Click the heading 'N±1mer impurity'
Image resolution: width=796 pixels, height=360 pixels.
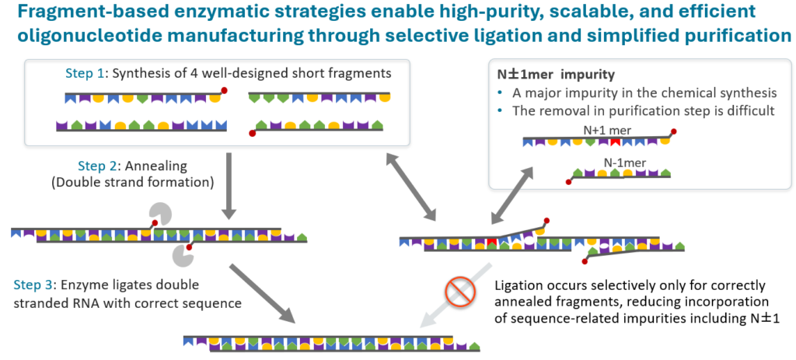click(555, 74)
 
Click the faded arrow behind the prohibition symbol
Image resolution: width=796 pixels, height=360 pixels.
click(456, 295)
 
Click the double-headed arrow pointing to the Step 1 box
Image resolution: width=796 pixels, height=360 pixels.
click(411, 186)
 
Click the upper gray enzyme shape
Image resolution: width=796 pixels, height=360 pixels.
click(159, 213)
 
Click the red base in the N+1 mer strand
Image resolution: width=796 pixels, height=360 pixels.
click(615, 142)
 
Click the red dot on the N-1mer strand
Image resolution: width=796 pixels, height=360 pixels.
click(568, 182)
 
